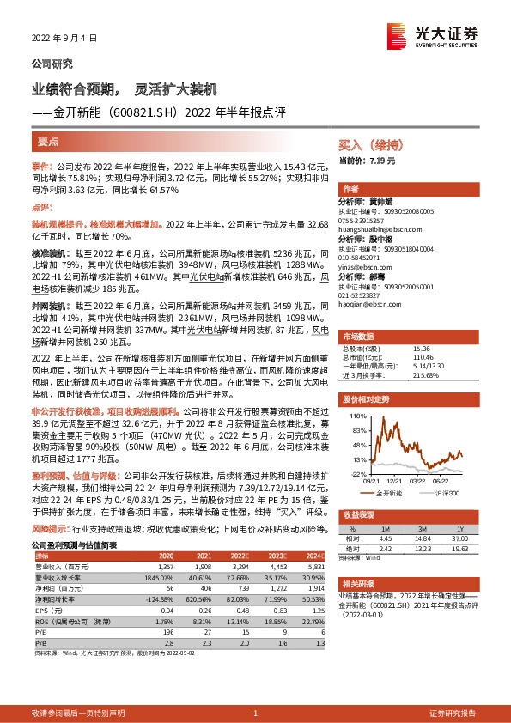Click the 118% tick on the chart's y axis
352,415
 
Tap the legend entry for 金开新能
392,494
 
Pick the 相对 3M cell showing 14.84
421,538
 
